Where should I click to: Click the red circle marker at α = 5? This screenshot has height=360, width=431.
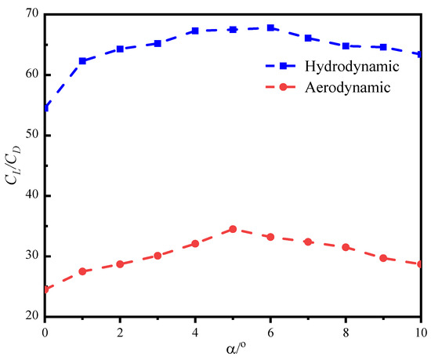(x=233, y=229)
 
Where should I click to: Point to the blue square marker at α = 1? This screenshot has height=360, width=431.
(x=82, y=60)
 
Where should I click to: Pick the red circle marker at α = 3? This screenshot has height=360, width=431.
(x=158, y=256)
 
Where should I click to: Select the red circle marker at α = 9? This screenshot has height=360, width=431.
(x=383, y=258)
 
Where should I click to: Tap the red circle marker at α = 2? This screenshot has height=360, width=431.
(x=120, y=264)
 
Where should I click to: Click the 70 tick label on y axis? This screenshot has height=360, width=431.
(x=31, y=14)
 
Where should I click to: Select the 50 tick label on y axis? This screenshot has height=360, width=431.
(x=31, y=135)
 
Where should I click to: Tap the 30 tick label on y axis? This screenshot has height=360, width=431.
(x=31, y=256)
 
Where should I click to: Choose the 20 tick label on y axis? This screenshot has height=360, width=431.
(x=31, y=317)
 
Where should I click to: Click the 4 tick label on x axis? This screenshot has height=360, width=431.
(x=195, y=332)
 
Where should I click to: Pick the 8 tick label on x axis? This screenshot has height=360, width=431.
(x=346, y=332)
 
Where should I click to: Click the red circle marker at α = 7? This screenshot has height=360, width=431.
(x=308, y=242)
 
